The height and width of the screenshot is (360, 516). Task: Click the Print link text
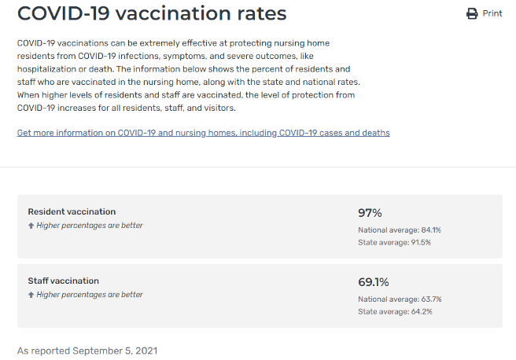click(x=492, y=13)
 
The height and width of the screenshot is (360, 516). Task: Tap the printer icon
click(x=472, y=13)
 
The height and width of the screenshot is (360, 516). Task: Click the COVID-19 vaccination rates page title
click(x=152, y=13)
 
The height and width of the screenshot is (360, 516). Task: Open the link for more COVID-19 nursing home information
click(x=203, y=133)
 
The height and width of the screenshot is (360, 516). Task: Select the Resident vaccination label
click(x=72, y=211)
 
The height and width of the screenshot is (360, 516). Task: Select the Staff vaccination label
click(x=64, y=281)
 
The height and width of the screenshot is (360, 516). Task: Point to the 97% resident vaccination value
click(x=370, y=213)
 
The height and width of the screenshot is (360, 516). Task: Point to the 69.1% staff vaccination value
click(x=374, y=282)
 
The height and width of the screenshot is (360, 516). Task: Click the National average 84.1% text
click(x=400, y=230)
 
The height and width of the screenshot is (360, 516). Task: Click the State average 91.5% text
click(x=394, y=242)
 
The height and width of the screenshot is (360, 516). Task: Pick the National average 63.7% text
click(x=400, y=299)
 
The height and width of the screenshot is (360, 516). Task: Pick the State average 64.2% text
click(x=394, y=311)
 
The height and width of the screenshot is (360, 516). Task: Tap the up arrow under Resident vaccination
click(x=31, y=226)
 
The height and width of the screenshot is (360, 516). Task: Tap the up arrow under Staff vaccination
click(x=31, y=295)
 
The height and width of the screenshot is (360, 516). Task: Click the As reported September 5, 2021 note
click(x=87, y=350)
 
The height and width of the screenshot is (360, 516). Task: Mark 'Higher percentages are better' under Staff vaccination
click(x=90, y=295)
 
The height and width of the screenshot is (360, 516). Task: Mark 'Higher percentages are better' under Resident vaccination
click(x=90, y=226)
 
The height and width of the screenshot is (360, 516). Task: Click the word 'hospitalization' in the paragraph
click(x=45, y=70)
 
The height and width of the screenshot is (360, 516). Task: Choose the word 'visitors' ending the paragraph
click(x=216, y=108)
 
